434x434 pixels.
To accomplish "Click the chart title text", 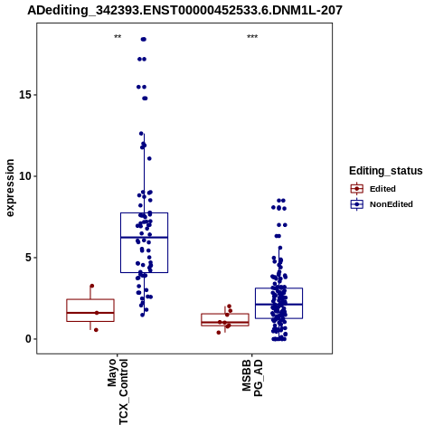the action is pos(184,10).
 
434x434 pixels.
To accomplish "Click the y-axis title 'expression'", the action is pos(10,188).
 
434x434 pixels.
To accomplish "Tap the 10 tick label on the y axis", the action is pos(25,176).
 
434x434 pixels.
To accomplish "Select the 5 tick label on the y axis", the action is pos(29,258).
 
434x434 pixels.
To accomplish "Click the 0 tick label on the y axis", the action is pos(29,339).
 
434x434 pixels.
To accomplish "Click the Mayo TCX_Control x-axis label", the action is pos(118,392).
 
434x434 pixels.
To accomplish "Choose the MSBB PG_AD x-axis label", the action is pos(252,377).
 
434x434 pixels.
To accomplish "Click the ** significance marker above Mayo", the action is pos(118,37).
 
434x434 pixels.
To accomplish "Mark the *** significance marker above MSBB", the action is pos(252,37).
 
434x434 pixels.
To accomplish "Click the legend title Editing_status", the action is pos(386,171).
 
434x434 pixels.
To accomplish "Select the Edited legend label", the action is pos(382,189).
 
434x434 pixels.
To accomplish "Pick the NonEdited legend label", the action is pos(392,204).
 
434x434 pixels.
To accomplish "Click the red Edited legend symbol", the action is pos(357,189).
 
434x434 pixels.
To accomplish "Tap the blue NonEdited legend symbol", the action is pos(357,204).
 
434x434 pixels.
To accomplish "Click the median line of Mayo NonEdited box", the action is pos(144,238).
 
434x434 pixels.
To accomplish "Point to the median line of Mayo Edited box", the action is pos(90,313).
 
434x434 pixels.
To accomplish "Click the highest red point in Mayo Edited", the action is pos(92,286).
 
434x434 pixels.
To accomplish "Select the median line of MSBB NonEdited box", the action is pos(278,305).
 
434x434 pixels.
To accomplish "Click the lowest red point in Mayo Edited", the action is pos(96,330).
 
